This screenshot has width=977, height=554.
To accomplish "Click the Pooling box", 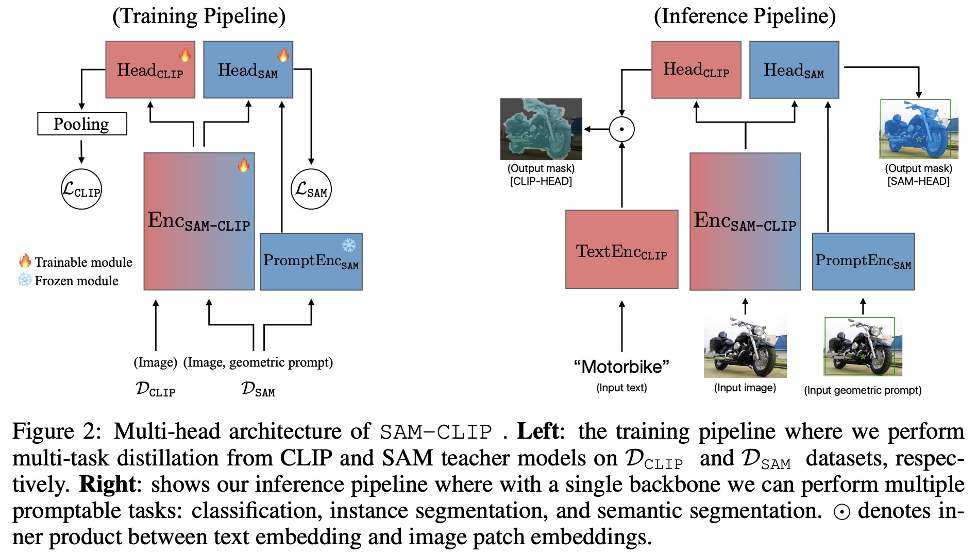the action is click(82, 124).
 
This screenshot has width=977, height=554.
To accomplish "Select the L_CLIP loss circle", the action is click(81, 189).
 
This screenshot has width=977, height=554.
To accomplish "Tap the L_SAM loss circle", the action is click(311, 189).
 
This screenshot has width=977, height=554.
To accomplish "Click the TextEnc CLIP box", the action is click(621, 249).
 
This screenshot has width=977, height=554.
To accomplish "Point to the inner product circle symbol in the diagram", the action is click(621, 129).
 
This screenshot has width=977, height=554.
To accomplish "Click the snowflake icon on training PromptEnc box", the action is click(349, 245).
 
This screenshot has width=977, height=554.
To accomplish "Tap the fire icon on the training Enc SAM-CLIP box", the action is click(243, 165).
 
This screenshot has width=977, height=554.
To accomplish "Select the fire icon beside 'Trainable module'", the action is click(25, 261).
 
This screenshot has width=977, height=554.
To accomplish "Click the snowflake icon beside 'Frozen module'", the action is click(25, 280).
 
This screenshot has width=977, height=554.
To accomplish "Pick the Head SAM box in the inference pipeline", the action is click(794, 70).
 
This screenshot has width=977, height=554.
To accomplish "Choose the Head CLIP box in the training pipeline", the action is click(150, 70).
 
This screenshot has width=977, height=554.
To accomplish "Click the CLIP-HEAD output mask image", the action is click(541, 129).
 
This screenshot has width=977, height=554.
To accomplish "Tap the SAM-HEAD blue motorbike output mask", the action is click(918, 129).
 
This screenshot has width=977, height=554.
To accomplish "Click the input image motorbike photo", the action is click(745, 347).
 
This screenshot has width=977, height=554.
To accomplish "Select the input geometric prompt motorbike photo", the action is click(863, 347).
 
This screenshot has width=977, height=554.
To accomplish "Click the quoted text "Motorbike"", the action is click(621, 367).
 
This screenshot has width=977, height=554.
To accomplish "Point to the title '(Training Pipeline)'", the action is click(199, 16).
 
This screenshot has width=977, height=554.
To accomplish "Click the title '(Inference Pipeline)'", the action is click(745, 16).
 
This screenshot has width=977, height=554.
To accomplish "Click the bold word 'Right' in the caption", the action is click(107, 484).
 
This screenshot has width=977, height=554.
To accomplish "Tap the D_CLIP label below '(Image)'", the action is click(155, 389).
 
